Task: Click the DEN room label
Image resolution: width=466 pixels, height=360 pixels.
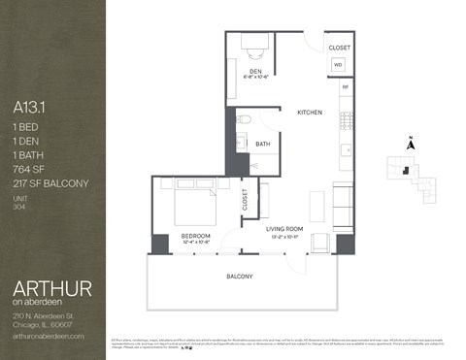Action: (x=256, y=71)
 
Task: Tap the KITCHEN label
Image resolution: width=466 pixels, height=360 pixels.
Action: (x=310, y=113)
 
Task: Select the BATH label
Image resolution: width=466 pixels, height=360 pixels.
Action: (x=262, y=145)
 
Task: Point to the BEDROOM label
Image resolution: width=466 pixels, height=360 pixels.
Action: (x=195, y=235)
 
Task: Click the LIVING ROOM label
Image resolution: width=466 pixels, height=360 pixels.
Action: (x=284, y=229)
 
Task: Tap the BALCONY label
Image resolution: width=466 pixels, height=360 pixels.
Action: (x=240, y=277)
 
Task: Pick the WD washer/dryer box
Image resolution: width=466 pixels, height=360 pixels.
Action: (x=338, y=65)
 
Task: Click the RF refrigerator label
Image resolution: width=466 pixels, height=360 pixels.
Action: (x=345, y=86)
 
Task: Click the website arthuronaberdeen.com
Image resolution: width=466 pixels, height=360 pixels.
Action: (x=50, y=335)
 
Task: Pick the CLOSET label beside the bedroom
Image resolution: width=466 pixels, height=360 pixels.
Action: (x=245, y=200)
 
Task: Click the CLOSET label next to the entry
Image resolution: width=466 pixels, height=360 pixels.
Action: (x=339, y=47)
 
